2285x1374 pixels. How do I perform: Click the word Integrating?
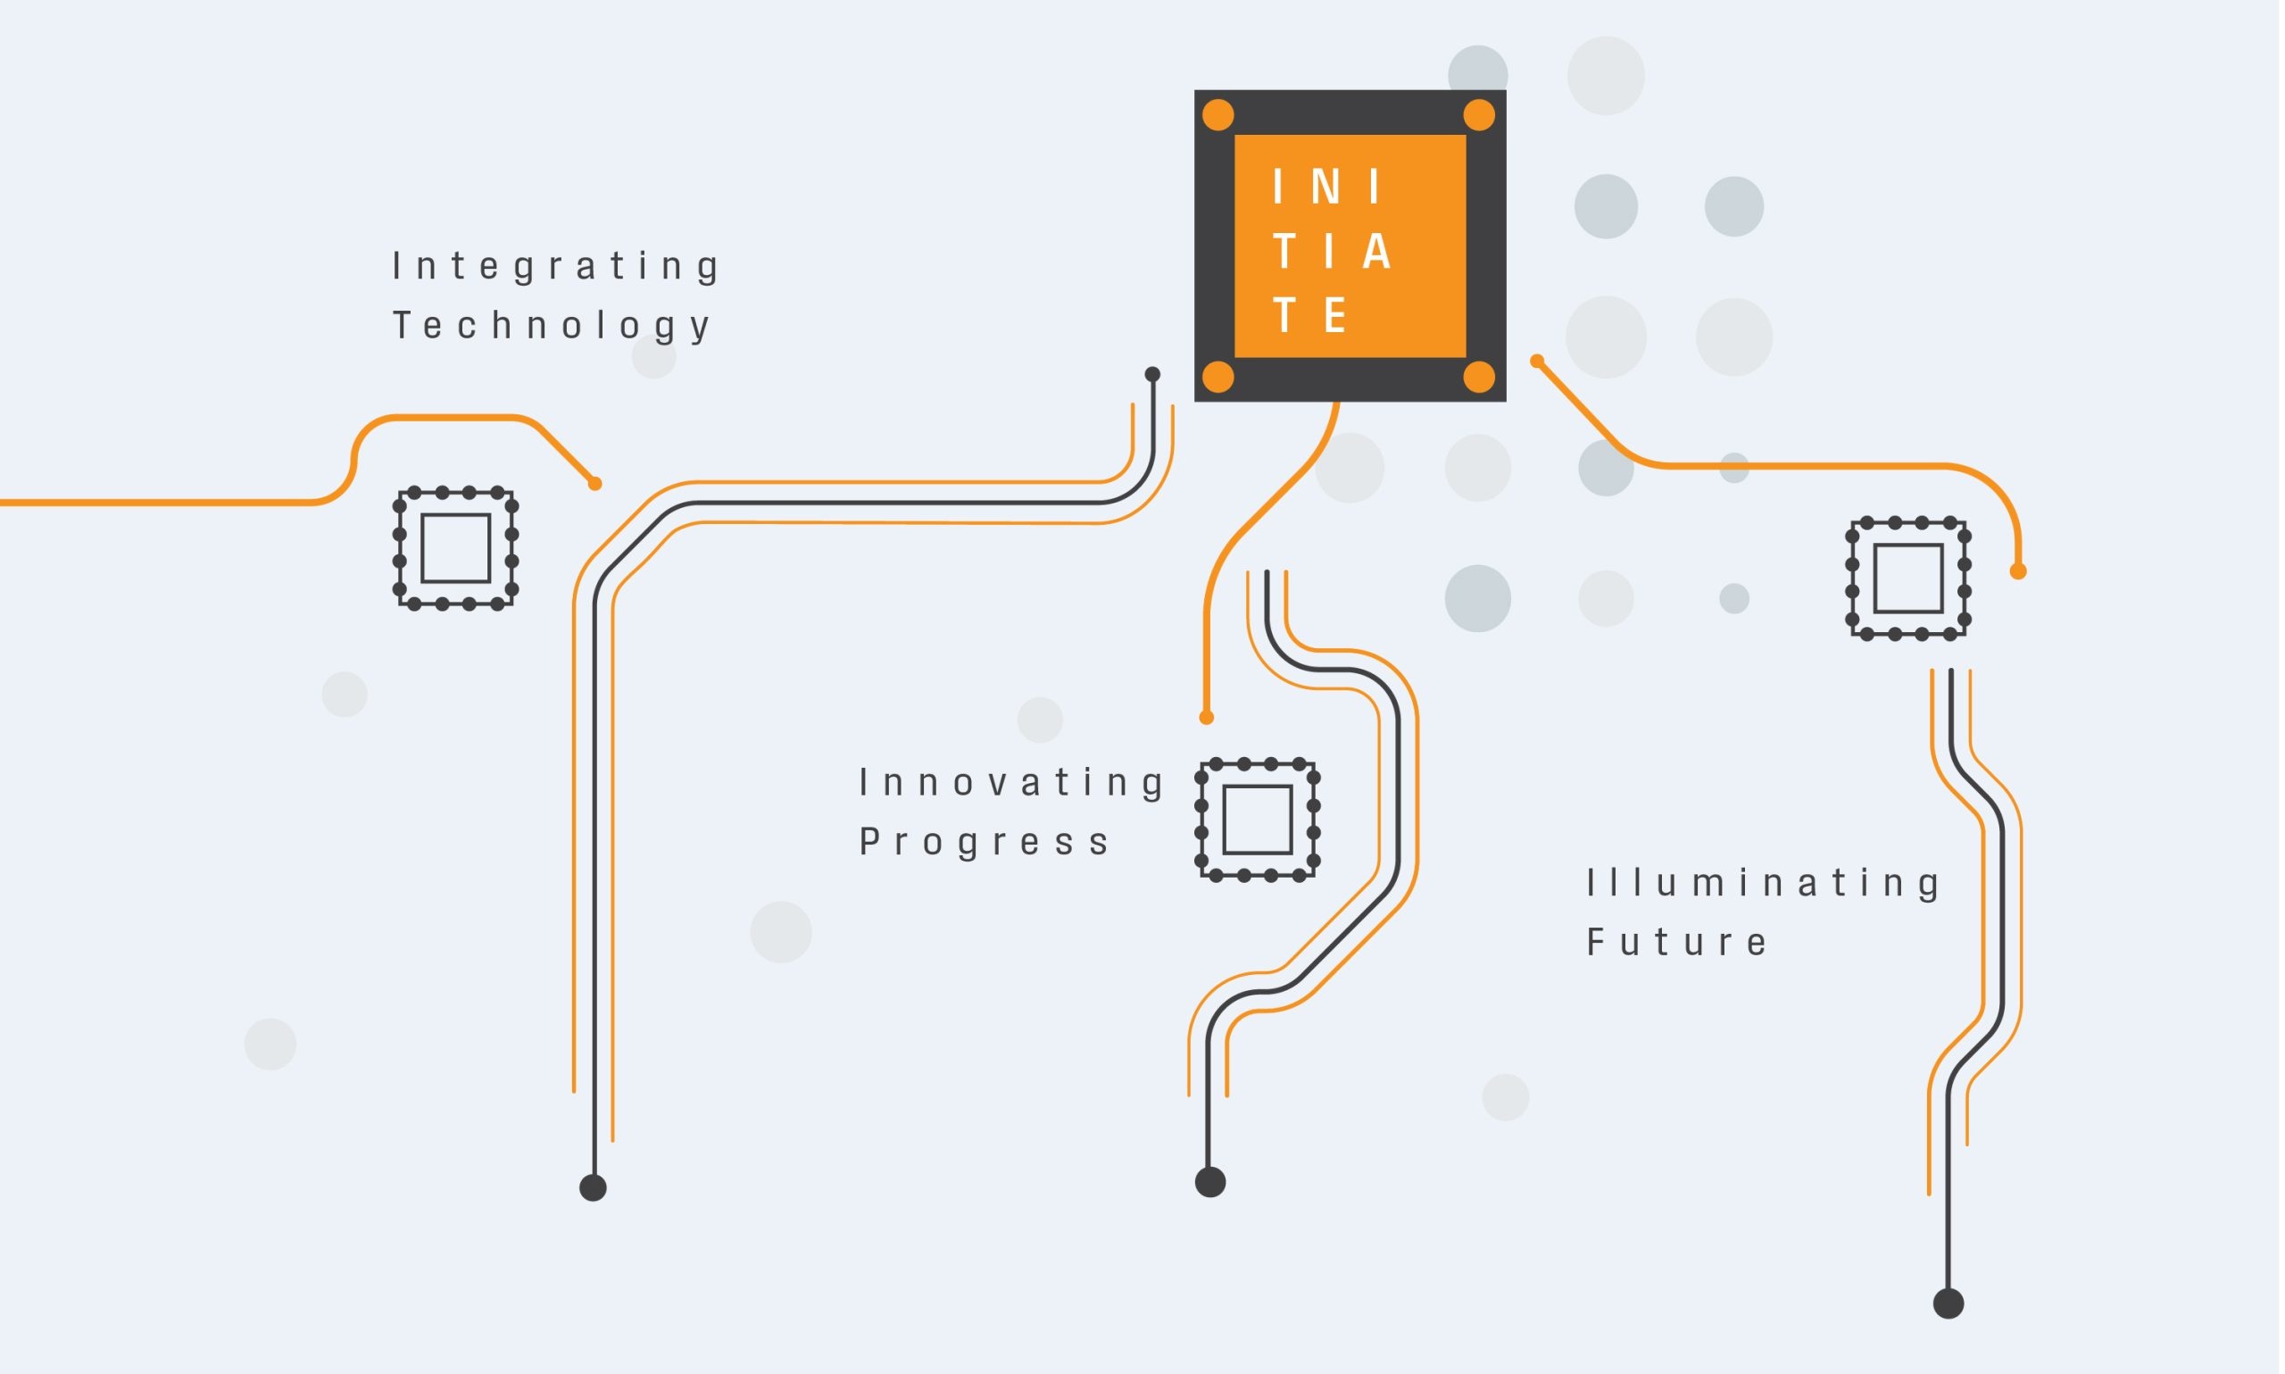coord(555,267)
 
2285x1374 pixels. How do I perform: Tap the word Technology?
coord(552,326)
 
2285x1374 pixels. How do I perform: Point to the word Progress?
coord(985,843)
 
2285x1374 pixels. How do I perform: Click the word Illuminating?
coord(1764,883)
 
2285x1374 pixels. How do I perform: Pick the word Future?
coord(1677,943)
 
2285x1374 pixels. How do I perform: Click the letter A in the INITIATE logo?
coord(1376,252)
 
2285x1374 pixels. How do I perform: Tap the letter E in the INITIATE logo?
coord(1334,317)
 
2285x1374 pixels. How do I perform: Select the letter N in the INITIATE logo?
coord(1326,187)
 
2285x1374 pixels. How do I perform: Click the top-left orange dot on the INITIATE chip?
coord(1218,116)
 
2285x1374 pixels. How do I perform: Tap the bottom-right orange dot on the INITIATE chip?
coord(1479,377)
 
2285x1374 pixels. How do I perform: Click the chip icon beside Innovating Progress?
coord(1257,820)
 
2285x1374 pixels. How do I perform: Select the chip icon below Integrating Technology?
coord(455,548)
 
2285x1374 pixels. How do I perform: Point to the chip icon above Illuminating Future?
coord(1908,579)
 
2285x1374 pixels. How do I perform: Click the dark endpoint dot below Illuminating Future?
coord(1948,1303)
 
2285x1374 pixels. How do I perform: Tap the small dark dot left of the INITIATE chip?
coord(1152,374)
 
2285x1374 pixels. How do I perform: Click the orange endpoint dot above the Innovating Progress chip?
coord(1206,718)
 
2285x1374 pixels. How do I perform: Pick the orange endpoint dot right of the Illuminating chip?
coord(2018,571)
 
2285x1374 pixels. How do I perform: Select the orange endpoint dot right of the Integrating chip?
coord(595,483)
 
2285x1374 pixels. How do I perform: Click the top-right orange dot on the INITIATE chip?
coord(1479,116)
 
